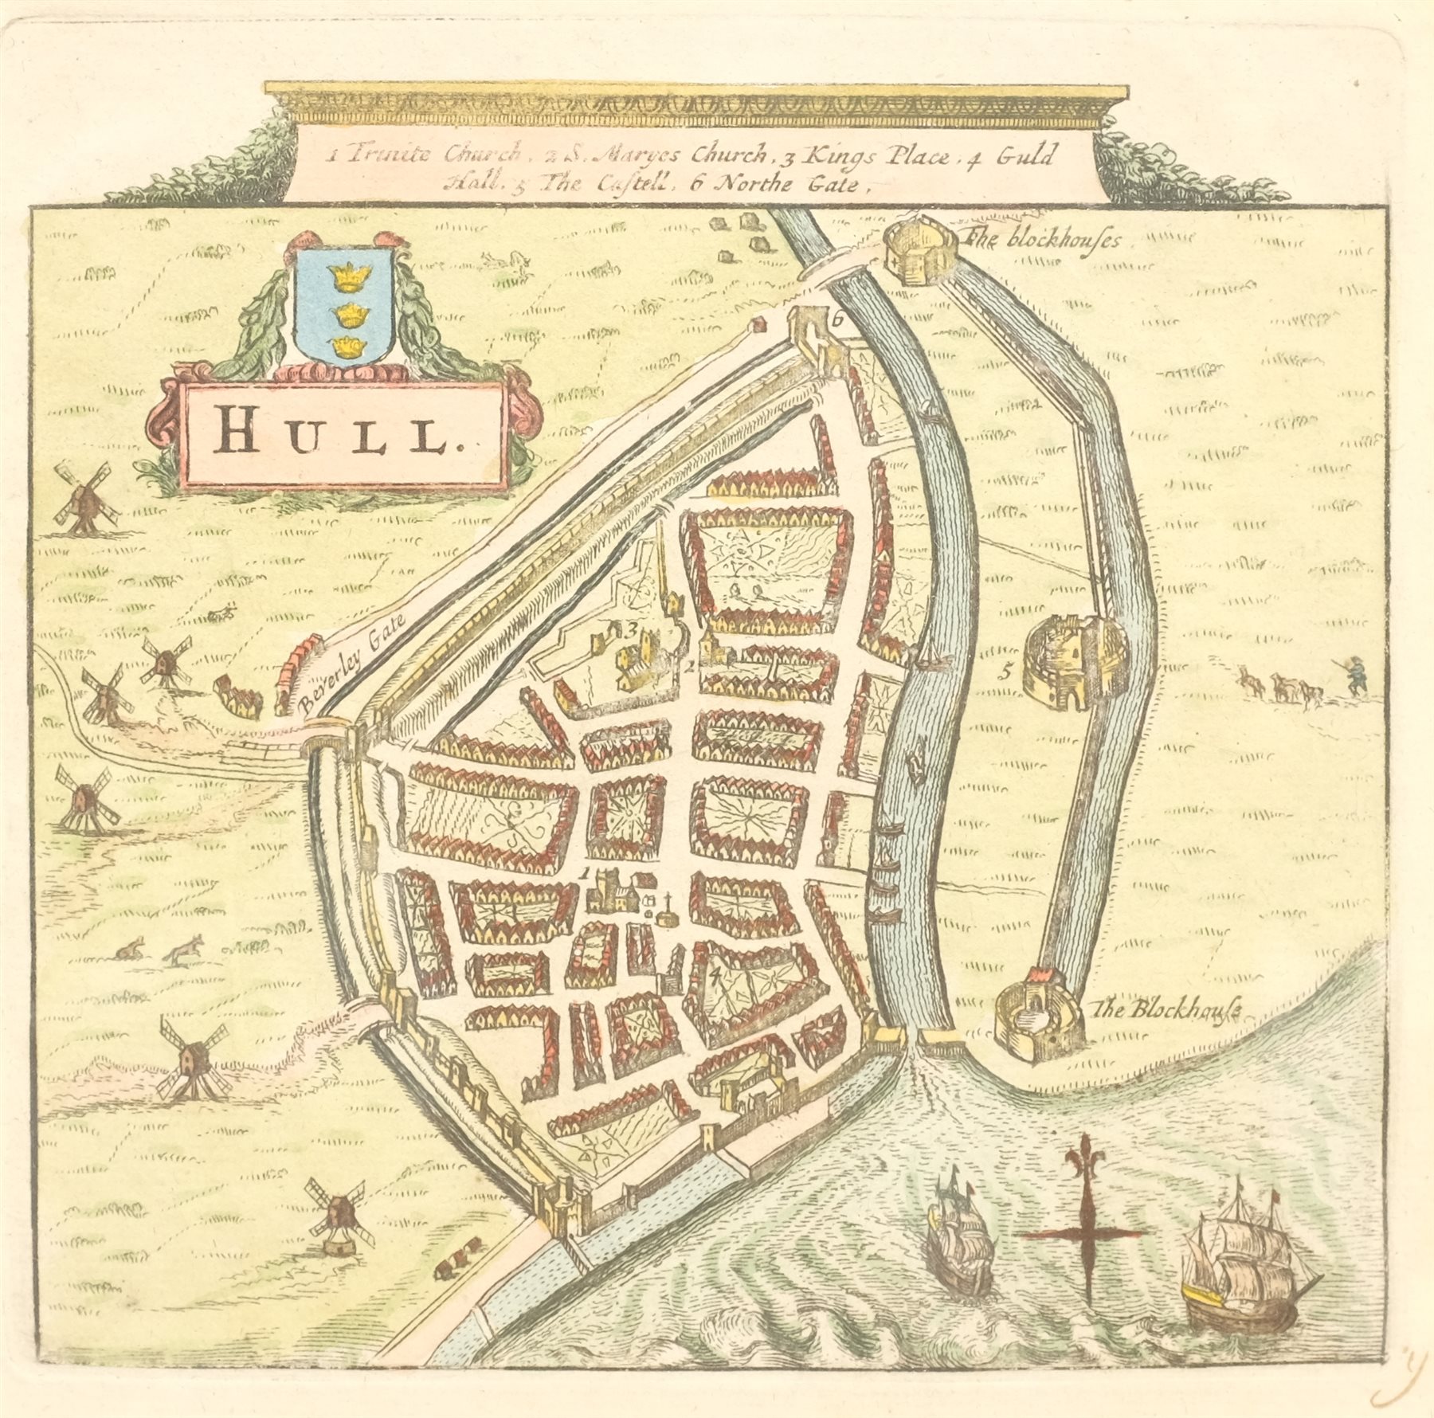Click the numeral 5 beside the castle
1006,672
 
